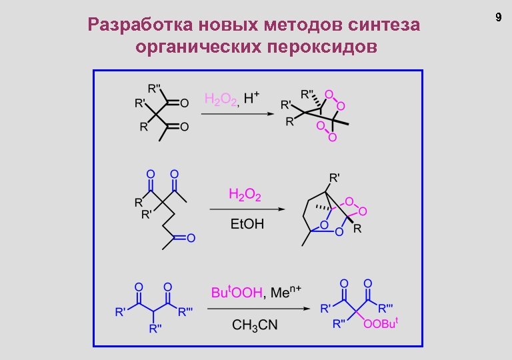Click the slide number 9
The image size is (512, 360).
497,17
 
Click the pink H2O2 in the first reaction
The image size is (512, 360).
221,100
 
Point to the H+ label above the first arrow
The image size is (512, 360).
251,99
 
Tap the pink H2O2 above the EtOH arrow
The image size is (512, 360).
245,195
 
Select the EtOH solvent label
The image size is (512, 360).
247,224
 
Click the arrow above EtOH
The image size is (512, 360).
247,209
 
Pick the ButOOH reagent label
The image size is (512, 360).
237,293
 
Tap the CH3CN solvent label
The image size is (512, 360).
255,325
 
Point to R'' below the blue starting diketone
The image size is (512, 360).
155,328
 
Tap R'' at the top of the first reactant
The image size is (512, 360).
154,87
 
